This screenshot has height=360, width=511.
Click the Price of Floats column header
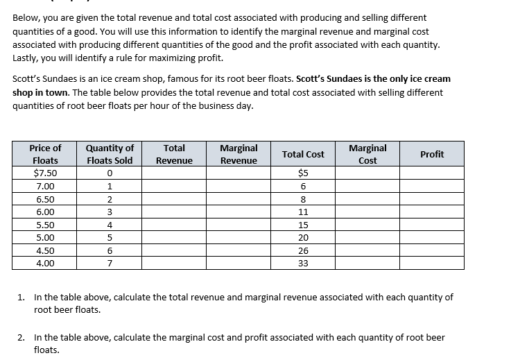pos(46,154)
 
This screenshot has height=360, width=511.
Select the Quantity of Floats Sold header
pos(110,154)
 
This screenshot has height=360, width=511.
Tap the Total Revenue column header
pos(174,154)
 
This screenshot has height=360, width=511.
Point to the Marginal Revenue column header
pos(239,154)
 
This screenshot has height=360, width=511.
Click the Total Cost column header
pos(303,154)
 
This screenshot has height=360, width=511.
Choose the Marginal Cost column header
pos(367,154)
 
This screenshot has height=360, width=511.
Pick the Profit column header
pos(432,154)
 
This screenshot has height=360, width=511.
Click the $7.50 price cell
pos(46,173)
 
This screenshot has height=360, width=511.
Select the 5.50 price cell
pos(46,225)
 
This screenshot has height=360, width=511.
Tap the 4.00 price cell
pos(46,264)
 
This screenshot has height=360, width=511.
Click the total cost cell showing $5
pos(303,173)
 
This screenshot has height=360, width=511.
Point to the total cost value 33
pos(303,264)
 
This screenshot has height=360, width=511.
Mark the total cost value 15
pos(303,225)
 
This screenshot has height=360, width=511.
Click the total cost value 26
pos(303,250)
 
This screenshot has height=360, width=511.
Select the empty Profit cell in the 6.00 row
pos(432,212)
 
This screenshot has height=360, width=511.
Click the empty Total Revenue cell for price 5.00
pos(174,238)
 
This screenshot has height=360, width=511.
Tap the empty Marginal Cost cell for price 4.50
pos(367,250)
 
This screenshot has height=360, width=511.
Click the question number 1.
pos(21,297)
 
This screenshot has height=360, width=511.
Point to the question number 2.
pos(21,338)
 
